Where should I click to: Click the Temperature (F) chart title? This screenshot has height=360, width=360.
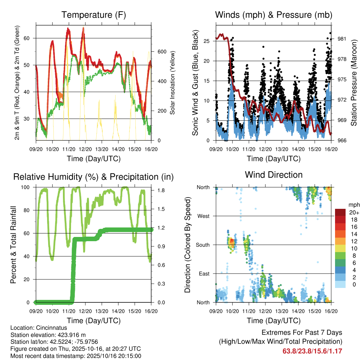[x=94, y=15]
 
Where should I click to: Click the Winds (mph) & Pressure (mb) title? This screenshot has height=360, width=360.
[x=274, y=15]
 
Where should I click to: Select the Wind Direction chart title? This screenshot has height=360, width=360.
[x=274, y=174]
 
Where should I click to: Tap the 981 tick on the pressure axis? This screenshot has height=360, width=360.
[x=342, y=39]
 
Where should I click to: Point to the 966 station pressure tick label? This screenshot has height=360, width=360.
[x=342, y=141]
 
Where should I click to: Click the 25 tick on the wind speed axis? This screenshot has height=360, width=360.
[x=210, y=41]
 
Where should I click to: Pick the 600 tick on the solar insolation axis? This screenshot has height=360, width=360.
[x=162, y=51]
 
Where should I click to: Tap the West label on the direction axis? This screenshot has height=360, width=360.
[x=203, y=216]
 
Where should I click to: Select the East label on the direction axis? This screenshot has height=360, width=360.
[x=204, y=274]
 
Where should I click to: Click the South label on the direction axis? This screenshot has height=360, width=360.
[x=202, y=245]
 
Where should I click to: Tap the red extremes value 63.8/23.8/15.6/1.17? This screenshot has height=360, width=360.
[x=312, y=351]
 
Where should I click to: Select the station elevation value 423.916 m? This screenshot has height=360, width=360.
[x=69, y=334]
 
